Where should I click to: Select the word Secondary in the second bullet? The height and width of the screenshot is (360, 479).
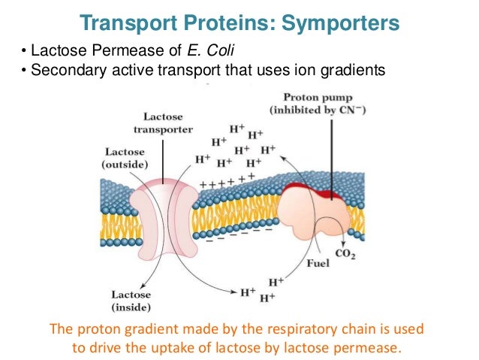coord(57,71)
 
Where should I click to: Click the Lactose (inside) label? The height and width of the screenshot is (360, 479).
coord(131,301)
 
